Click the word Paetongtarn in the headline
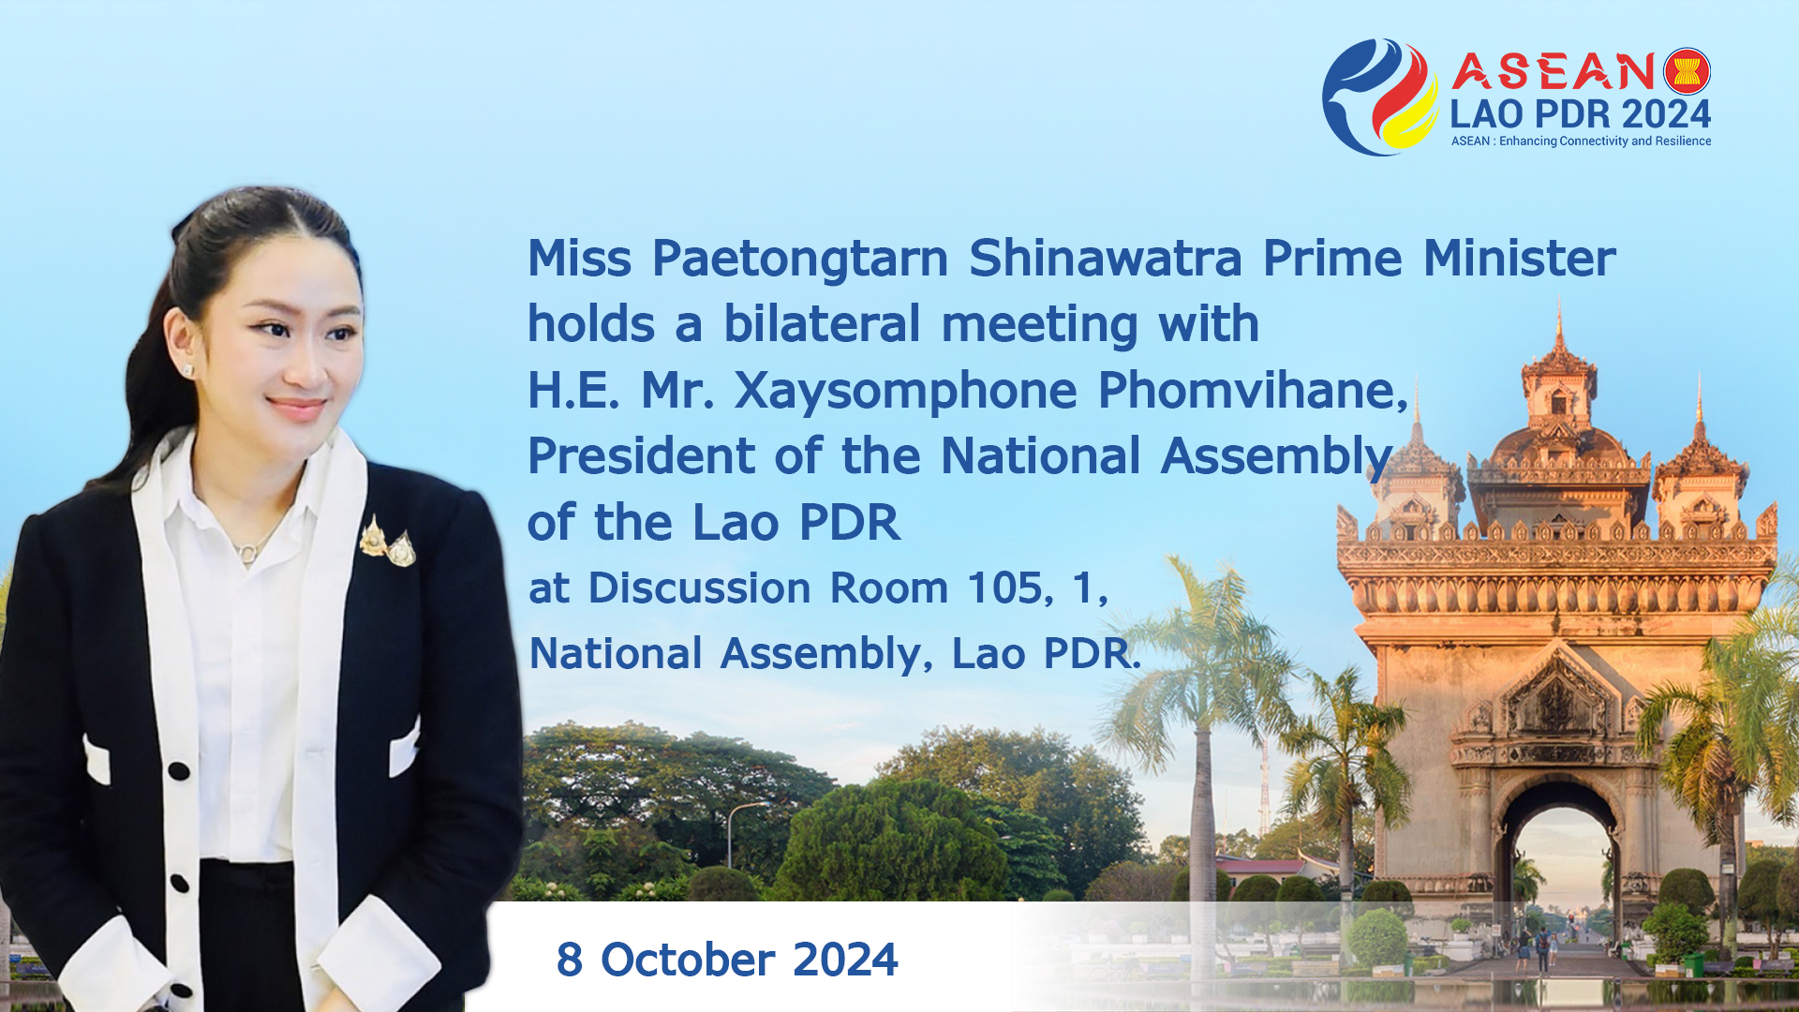pyautogui.click(x=799, y=260)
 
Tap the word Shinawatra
pyautogui.click(x=1106, y=258)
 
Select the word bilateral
pyautogui.click(x=822, y=323)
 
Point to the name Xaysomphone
pyautogui.click(x=905, y=392)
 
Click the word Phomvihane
pyautogui.click(x=1253, y=390)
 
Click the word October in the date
pyautogui.click(x=688, y=960)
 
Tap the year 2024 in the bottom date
pyautogui.click(x=845, y=960)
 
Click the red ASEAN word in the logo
pyautogui.click(x=1554, y=71)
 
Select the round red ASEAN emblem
pyautogui.click(x=1687, y=71)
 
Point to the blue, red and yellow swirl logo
pyautogui.click(x=1379, y=97)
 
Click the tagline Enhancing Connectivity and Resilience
pyautogui.click(x=1605, y=141)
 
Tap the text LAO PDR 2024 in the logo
pyautogui.click(x=1581, y=114)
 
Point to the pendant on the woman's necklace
pyautogui.click(x=247, y=553)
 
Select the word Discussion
pyautogui.click(x=699, y=588)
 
